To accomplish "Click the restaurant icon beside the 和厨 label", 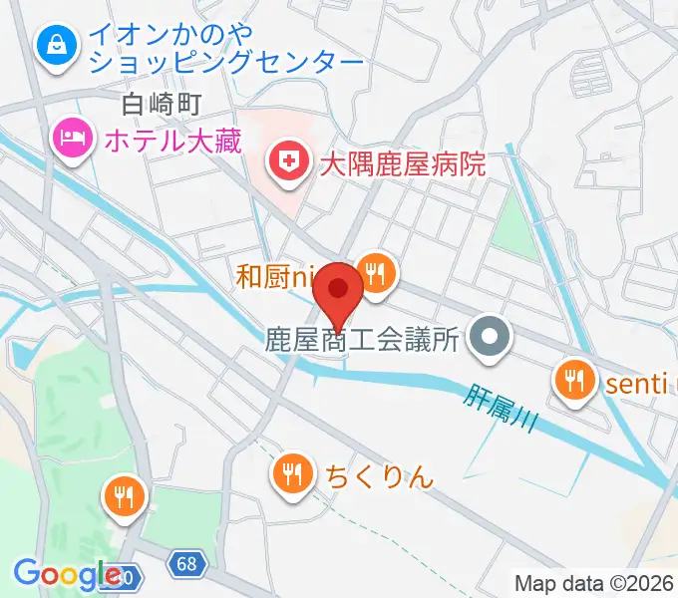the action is coord(376,272).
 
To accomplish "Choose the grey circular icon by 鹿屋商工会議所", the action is coord(489,339).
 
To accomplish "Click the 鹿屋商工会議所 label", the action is coord(361,340).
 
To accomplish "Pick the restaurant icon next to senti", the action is coord(573,379).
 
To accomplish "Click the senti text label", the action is coord(634,379).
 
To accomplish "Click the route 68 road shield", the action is coord(182,564).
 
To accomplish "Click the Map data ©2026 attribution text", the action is coord(593,583).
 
